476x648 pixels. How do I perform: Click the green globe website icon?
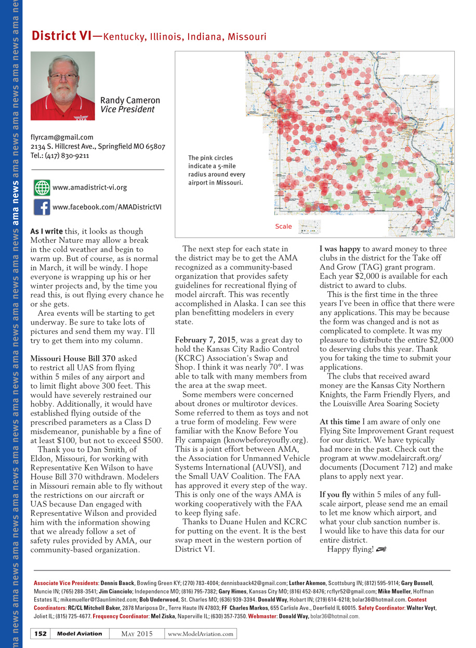42,187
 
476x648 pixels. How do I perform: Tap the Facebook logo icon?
42,207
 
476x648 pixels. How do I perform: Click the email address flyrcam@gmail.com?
62,137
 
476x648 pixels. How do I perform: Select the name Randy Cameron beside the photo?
130,100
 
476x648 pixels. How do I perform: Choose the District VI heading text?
61,36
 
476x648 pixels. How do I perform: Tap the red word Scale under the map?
283,227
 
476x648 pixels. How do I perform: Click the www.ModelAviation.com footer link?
201,633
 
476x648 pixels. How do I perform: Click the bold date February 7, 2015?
206,340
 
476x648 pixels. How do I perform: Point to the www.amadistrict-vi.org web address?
90,187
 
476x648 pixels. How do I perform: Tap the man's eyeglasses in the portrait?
64,77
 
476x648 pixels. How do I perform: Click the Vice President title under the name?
127,110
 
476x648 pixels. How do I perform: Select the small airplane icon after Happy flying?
382,549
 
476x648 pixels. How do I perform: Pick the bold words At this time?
339,421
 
